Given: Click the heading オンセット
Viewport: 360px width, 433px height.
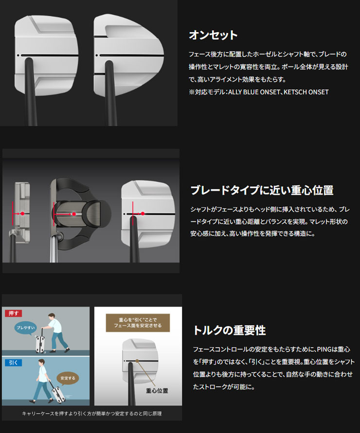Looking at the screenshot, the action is coord(213,35).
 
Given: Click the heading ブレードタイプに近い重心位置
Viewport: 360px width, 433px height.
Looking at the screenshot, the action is coord(262,191).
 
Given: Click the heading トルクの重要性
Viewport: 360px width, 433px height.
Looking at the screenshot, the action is coord(229,330).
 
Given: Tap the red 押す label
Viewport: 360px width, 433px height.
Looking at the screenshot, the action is coord(14,313).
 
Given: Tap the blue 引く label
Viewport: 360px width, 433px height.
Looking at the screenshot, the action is coord(13,363).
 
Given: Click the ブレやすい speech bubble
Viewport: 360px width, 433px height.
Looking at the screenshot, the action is coord(26,328).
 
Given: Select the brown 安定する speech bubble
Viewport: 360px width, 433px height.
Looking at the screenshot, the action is coord(68,378).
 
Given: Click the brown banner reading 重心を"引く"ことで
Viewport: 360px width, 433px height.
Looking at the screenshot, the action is coord(138,323).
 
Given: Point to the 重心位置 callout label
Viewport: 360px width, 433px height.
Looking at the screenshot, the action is coord(157,391).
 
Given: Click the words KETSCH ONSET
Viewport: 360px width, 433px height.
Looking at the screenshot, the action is coord(306,92).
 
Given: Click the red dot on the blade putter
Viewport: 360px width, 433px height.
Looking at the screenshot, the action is coord(23,213).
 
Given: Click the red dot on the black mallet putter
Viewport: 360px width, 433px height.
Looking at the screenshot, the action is coord(74,214).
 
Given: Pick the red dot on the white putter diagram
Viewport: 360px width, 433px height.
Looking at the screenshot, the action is coord(143,213).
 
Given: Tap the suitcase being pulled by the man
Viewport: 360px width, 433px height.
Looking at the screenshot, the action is coord(57,392).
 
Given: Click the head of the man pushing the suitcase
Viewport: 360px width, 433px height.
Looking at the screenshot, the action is coord(52,316).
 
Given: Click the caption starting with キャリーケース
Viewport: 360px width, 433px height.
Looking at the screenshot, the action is coord(92,414).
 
